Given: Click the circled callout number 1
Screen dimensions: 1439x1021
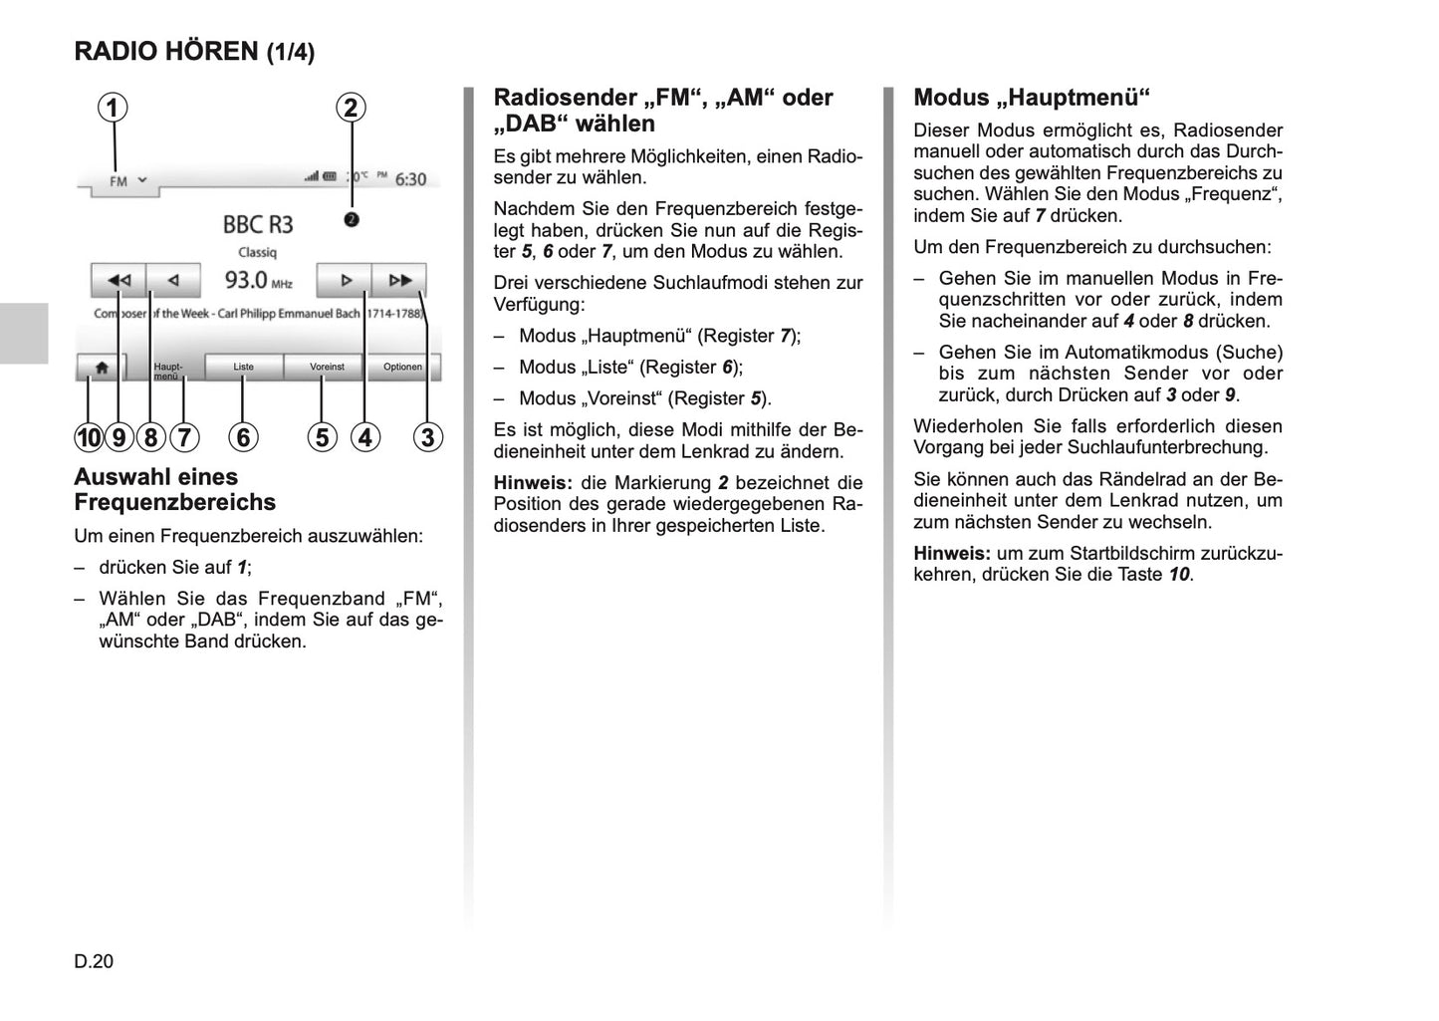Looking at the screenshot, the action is (113, 108).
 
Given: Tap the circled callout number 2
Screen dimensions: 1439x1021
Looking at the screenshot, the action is (351, 108).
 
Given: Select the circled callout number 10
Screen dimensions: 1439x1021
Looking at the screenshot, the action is (89, 437).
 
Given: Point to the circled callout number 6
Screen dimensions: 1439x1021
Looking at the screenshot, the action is (243, 437).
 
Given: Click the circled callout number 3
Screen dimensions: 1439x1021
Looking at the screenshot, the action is (428, 437).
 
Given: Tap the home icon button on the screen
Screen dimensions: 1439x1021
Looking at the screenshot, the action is (102, 368).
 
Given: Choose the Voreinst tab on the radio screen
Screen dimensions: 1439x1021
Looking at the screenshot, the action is (327, 367).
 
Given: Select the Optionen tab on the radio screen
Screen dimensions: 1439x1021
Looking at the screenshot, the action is (402, 367).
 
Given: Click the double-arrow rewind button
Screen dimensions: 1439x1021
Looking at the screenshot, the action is (119, 280).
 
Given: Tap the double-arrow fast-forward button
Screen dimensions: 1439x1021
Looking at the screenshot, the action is (399, 280).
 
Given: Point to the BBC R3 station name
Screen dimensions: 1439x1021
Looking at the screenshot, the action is (258, 224).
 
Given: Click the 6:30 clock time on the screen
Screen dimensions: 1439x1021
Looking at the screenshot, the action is (410, 179).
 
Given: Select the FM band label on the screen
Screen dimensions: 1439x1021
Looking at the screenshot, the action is (119, 181).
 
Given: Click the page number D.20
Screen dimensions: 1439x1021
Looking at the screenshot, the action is (94, 961).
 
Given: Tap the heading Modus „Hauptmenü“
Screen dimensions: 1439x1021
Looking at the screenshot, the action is (1031, 97).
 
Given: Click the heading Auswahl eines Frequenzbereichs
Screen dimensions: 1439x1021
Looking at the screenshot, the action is (174, 489).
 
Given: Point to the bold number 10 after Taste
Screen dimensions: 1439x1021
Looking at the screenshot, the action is (1179, 574).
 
